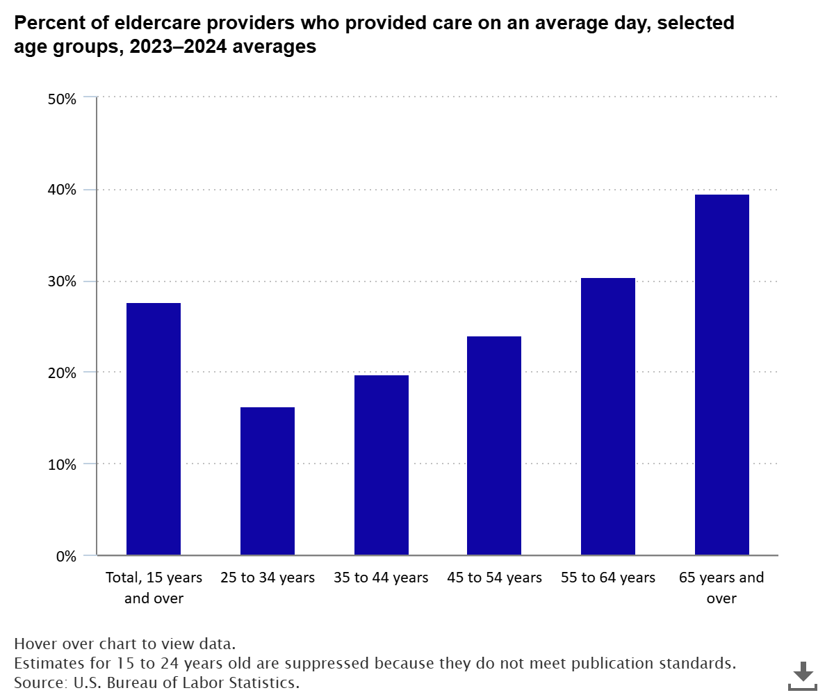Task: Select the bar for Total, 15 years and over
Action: point(154,429)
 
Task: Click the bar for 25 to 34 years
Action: point(268,481)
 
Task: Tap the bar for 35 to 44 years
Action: point(382,465)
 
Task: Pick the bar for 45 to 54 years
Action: point(494,445)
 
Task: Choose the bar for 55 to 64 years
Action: point(608,416)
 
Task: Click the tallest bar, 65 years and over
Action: point(722,375)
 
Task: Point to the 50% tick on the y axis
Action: point(62,99)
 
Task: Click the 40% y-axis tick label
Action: point(62,190)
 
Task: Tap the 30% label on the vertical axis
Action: point(62,281)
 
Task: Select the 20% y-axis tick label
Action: point(62,373)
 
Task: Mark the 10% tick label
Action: point(62,464)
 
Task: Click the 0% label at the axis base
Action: point(65,556)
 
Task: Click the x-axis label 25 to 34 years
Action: point(268,578)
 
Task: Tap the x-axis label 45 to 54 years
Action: point(494,578)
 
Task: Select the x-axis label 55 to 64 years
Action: point(608,578)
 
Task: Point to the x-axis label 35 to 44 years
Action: point(382,578)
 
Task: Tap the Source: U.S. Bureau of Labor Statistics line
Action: point(156,682)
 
